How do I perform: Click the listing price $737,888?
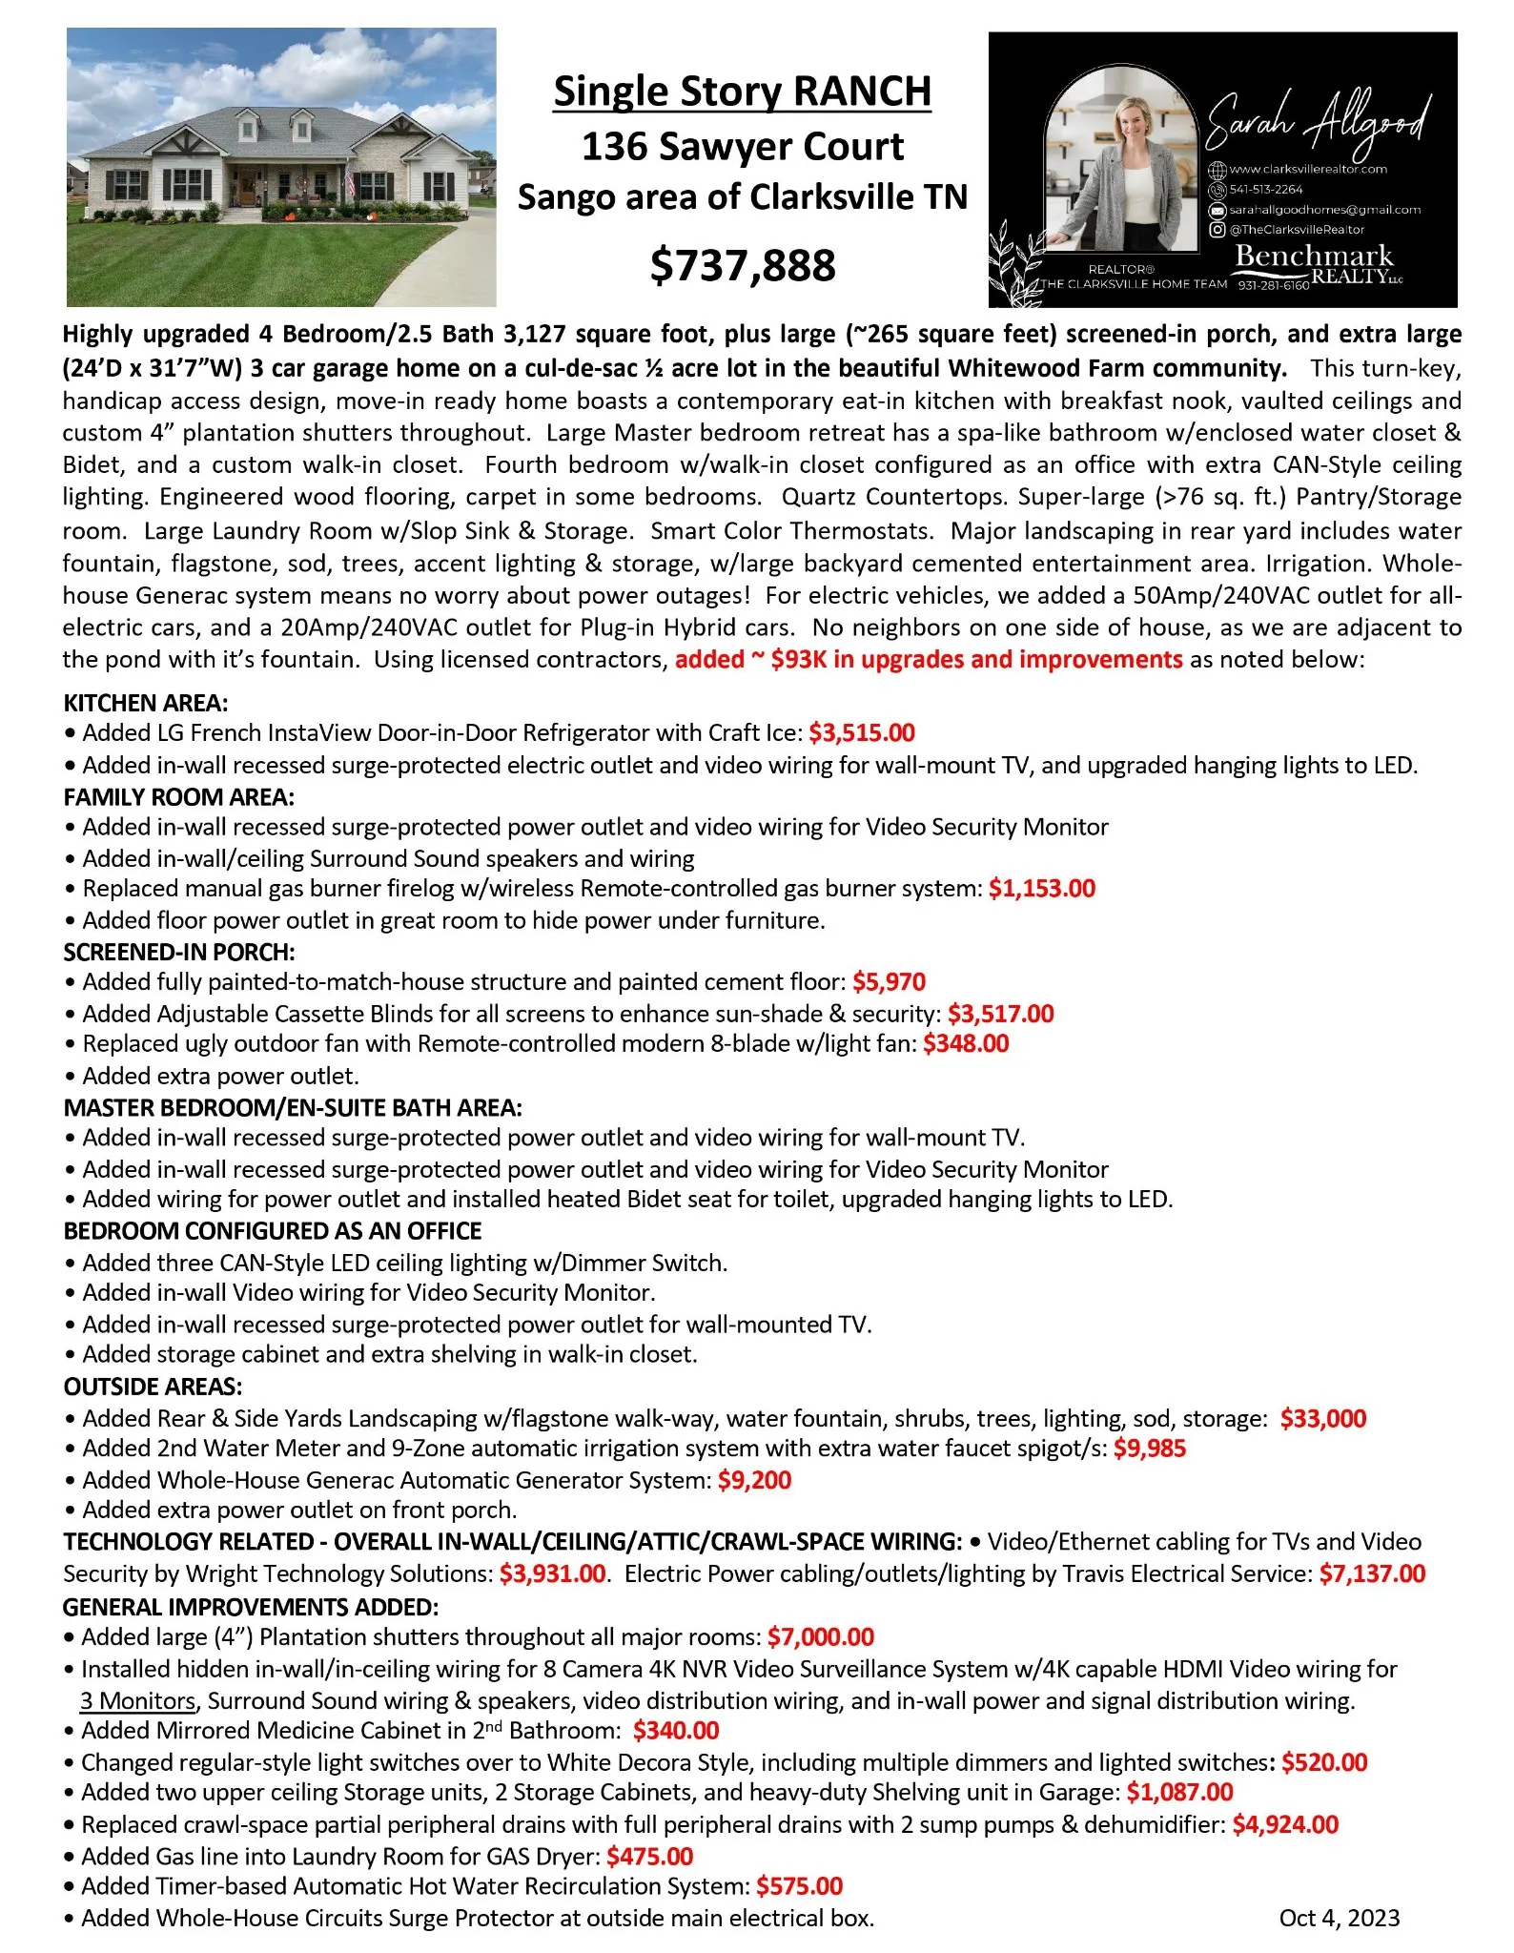tap(743, 265)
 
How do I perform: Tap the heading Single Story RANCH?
tap(742, 92)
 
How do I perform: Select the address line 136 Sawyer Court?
tap(742, 147)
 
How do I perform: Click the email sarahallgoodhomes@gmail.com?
tap(1324, 210)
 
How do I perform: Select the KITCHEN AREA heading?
tap(146, 703)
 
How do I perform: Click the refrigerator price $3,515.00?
tap(861, 732)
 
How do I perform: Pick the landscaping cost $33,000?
tap(1322, 1418)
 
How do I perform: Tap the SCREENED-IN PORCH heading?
tap(179, 952)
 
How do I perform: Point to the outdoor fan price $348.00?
tap(965, 1043)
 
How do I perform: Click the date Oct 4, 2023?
tap(1339, 1918)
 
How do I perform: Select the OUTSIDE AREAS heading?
tap(153, 1386)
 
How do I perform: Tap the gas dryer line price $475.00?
tap(649, 1856)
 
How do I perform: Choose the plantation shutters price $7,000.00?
tap(820, 1636)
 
